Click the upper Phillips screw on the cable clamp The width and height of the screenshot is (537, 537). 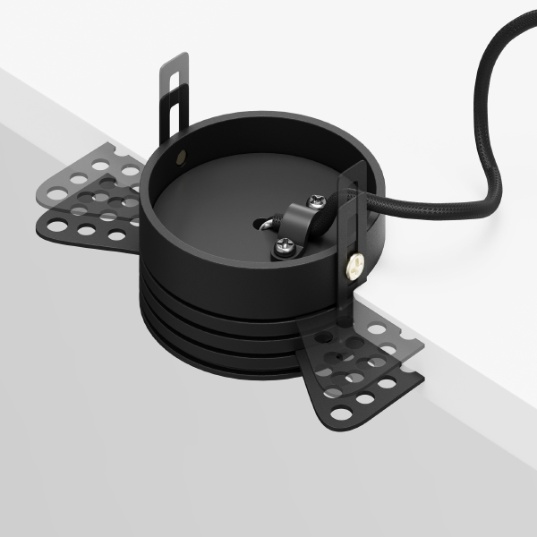(316, 204)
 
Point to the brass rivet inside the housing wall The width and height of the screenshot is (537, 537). (183, 157)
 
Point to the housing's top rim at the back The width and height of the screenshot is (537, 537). (260, 117)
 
